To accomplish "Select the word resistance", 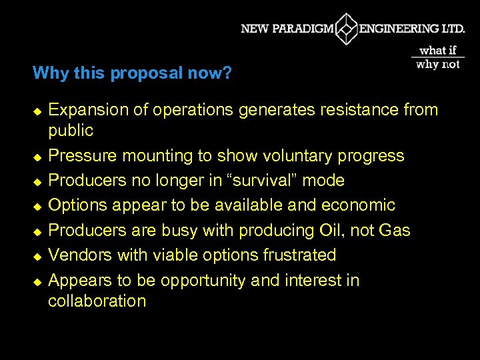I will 359,110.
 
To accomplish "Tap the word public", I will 71,130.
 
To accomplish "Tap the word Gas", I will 394,231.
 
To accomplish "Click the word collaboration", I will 97,301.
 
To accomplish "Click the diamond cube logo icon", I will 347,29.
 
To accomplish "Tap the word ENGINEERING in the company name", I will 399,29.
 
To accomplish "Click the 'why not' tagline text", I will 438,65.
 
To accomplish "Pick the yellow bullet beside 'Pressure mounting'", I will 37,157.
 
